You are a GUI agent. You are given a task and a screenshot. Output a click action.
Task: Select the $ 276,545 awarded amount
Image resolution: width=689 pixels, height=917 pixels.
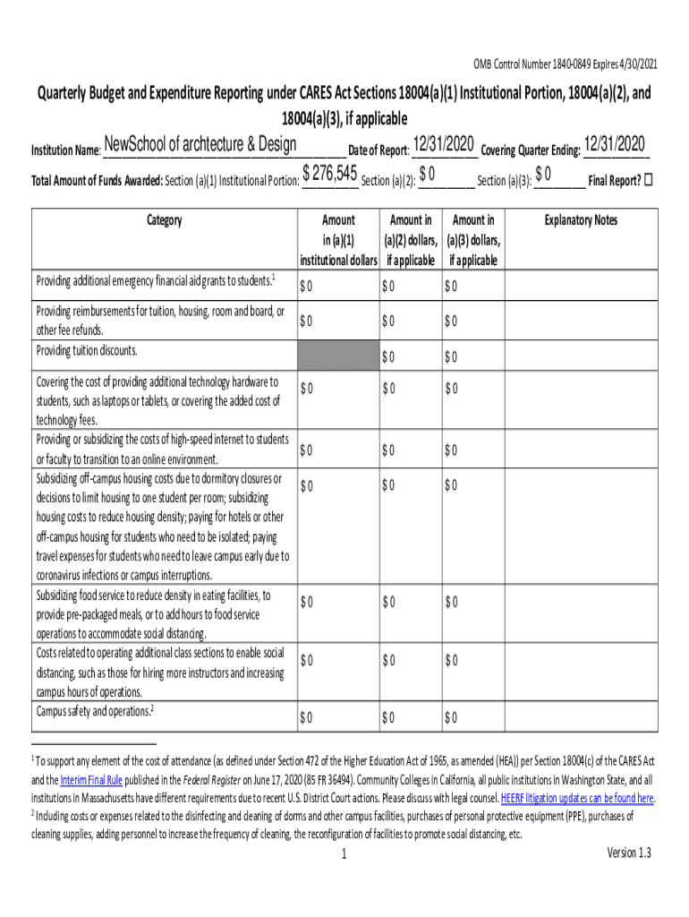tap(330, 174)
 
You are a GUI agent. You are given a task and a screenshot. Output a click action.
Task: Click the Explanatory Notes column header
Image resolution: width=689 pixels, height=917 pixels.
tap(581, 220)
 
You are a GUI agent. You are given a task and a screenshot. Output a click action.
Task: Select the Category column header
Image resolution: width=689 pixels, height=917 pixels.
tap(164, 220)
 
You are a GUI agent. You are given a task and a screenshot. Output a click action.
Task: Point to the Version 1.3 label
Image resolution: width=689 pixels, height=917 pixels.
tap(629, 853)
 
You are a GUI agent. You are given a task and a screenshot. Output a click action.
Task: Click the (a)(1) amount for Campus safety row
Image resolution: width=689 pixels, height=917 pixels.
tap(307, 717)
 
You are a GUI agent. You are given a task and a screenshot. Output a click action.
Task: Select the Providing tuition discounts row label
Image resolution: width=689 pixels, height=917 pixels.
tap(87, 349)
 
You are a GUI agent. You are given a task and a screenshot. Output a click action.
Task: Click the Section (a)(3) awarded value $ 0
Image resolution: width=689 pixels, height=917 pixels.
tap(543, 174)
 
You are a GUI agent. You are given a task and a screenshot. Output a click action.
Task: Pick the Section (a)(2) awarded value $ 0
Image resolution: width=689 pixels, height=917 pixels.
tap(427, 174)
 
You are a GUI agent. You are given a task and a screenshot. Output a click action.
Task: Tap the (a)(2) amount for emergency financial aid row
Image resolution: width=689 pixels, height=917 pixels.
tap(387, 287)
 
